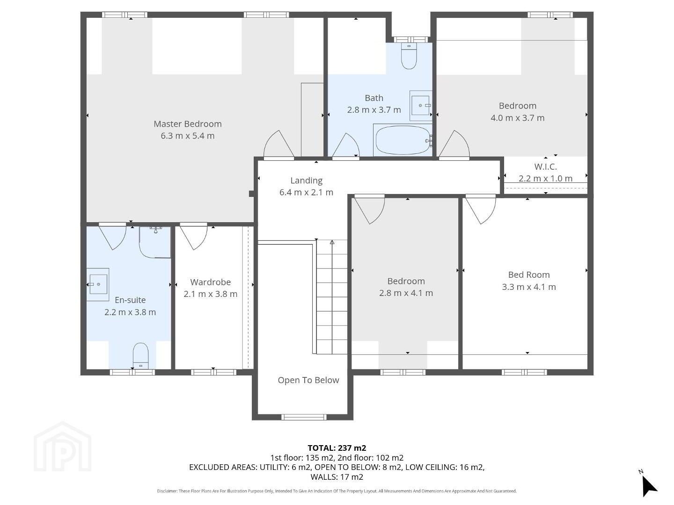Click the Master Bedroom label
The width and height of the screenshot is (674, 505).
click(x=187, y=124)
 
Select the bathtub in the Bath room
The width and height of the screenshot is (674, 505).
click(x=403, y=140)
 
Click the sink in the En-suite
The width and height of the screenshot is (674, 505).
click(x=98, y=284)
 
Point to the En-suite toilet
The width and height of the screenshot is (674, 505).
click(x=140, y=356)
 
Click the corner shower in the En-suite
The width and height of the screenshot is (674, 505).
click(x=155, y=242)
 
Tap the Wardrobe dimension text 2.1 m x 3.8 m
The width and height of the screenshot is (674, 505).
click(x=210, y=294)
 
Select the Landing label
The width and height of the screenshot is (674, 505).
click(x=307, y=180)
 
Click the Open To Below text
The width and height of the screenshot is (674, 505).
click(x=308, y=380)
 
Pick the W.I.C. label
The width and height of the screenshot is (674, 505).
click(x=545, y=167)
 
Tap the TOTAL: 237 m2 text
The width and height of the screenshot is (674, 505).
click(x=337, y=448)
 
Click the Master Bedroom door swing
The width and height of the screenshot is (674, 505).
click(x=279, y=144)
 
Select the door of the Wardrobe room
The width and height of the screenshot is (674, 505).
click(x=193, y=237)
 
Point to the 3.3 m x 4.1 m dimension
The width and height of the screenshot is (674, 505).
click(x=529, y=287)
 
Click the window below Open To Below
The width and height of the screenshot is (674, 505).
click(x=304, y=417)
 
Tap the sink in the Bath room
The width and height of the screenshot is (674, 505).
click(x=421, y=106)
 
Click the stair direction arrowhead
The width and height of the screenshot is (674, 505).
click(x=332, y=242)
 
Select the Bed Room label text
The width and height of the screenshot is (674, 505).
click(x=529, y=275)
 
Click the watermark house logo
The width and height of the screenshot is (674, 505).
click(x=62, y=447)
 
